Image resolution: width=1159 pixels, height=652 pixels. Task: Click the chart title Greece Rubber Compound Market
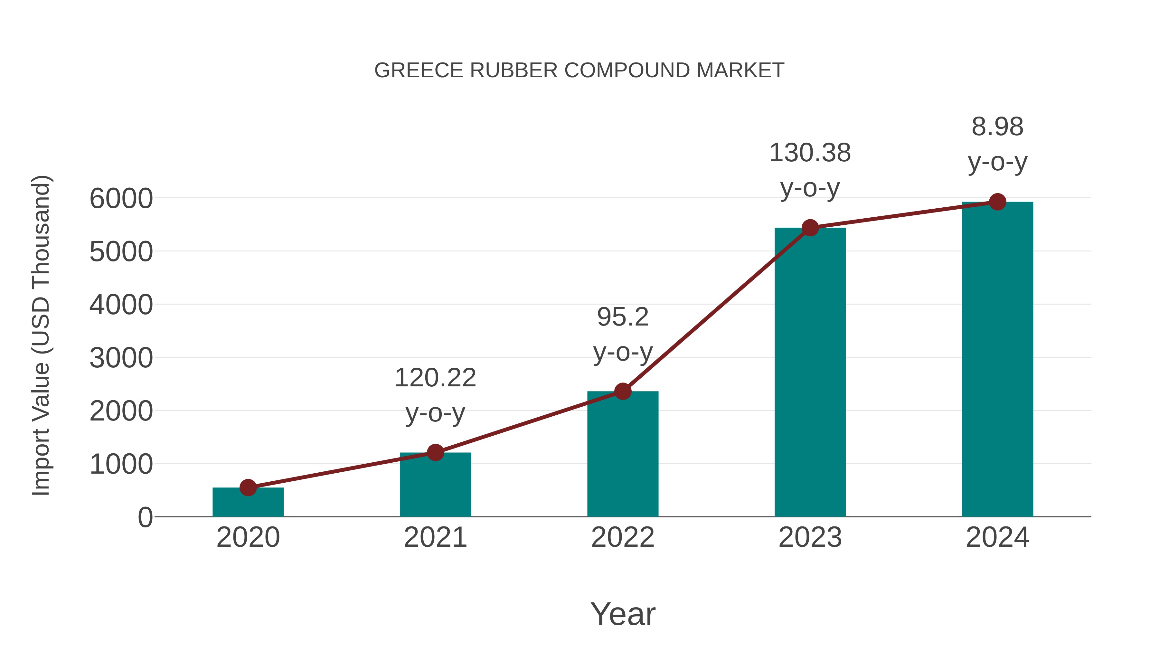[579, 71]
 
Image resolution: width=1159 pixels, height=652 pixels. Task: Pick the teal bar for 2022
[623, 454]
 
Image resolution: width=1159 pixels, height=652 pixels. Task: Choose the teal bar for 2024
[997, 360]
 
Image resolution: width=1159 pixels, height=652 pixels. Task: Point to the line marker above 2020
[248, 487]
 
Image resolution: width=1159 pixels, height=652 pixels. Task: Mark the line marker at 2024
[997, 202]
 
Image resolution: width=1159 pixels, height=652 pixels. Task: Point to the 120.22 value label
[435, 395]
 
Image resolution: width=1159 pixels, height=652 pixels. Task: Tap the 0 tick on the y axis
[145, 517]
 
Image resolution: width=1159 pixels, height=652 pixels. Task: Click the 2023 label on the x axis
[810, 537]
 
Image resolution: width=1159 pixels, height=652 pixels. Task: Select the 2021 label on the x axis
[435, 537]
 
